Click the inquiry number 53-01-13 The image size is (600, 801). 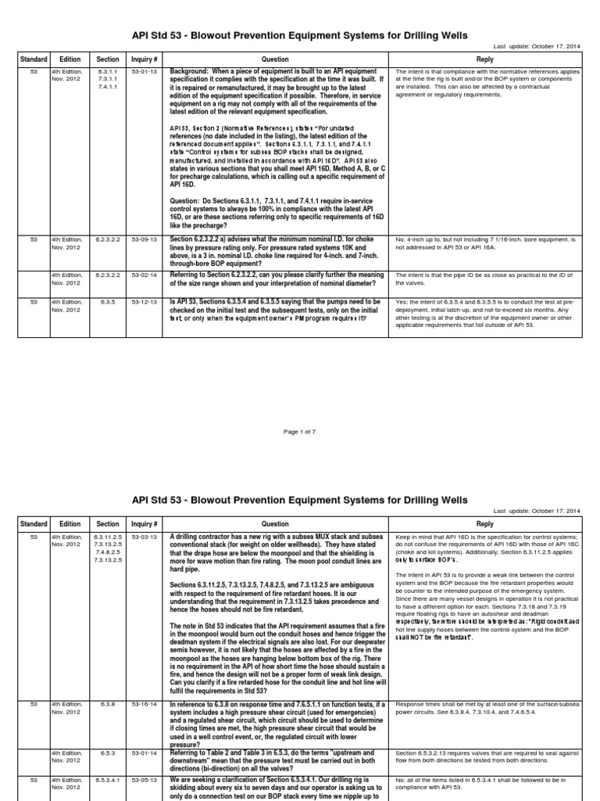[x=145, y=71]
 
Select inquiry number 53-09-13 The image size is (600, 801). [x=145, y=237]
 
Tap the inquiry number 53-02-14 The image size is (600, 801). [x=145, y=275]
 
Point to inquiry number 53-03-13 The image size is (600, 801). [x=145, y=537]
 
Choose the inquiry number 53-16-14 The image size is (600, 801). [x=145, y=705]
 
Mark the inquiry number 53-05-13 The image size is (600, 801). [x=145, y=780]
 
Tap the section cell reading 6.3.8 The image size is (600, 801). [x=108, y=705]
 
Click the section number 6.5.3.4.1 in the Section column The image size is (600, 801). [x=108, y=780]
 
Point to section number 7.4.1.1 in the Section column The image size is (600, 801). [x=108, y=87]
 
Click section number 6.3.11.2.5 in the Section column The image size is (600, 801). [x=108, y=537]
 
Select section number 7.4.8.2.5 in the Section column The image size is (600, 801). [x=108, y=553]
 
